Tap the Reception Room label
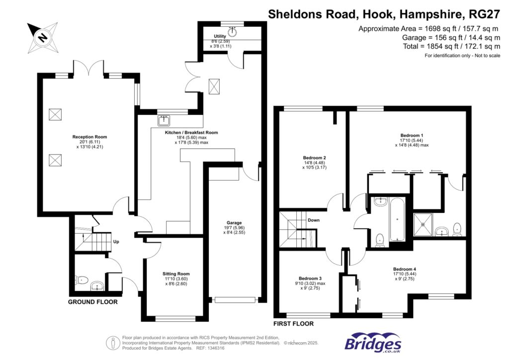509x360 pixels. point(89,137)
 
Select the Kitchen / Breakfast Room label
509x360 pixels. point(191,133)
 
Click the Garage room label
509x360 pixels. point(234,223)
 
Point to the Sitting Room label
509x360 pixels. point(176,274)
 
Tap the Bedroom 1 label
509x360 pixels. point(412,135)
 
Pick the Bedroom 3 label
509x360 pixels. point(310,278)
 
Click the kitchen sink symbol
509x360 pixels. point(164,120)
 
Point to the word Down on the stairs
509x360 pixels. point(313,220)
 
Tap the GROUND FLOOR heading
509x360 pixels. point(92,302)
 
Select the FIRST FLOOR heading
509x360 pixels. point(294,324)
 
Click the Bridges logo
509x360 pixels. point(373,344)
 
